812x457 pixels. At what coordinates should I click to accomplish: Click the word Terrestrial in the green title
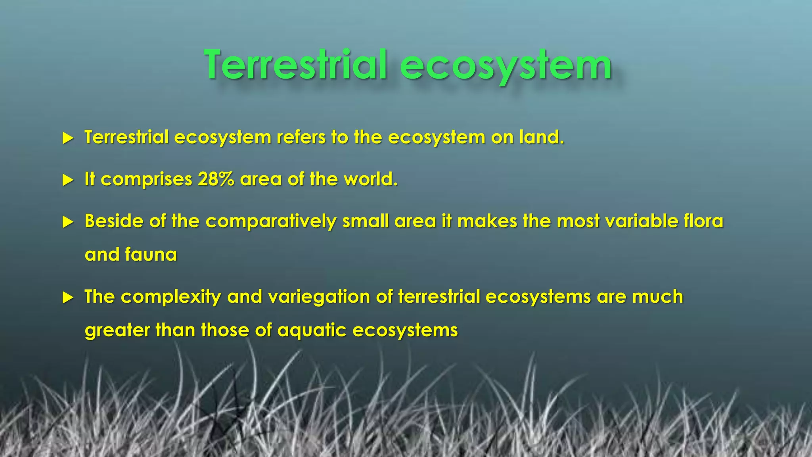(x=295, y=65)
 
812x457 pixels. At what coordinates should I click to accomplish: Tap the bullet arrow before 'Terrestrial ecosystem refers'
(x=68, y=138)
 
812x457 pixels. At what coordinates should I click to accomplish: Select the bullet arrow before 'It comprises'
(x=68, y=180)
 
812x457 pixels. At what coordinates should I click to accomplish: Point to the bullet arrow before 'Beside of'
(x=68, y=222)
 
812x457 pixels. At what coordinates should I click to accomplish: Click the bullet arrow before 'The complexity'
(x=68, y=298)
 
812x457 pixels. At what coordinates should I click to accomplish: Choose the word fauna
(x=151, y=255)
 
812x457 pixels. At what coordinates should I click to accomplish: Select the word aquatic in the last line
(x=312, y=330)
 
